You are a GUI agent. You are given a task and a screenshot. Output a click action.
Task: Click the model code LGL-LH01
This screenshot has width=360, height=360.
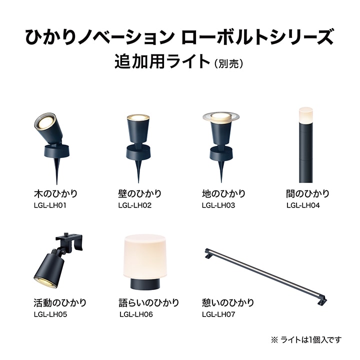(50, 205)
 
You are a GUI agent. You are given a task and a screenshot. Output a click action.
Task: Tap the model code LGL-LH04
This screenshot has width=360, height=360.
(303, 205)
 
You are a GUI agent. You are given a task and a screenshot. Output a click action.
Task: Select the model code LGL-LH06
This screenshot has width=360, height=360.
(136, 314)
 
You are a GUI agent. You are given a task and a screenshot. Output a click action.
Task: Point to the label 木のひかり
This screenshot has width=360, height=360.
(56, 193)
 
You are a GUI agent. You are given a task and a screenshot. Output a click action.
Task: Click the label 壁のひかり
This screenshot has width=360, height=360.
(140, 193)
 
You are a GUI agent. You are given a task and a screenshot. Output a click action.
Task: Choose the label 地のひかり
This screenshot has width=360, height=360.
(224, 193)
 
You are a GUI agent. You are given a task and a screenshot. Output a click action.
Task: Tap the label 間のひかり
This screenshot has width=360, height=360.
(308, 193)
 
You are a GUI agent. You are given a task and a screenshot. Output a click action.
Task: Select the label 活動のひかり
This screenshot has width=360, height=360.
(60, 302)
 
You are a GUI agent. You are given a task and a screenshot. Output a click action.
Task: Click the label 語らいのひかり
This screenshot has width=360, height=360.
(149, 302)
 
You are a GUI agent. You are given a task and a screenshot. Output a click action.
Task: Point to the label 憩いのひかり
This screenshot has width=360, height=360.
(228, 302)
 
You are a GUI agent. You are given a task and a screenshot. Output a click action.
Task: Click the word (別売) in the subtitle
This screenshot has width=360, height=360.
(228, 63)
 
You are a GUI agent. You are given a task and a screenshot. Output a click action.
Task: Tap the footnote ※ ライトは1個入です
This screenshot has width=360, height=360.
(306, 339)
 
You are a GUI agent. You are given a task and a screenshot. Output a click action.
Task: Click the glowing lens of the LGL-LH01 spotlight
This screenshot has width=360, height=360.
(45, 121)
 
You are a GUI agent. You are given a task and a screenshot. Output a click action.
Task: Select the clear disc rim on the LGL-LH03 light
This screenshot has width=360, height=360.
(221, 116)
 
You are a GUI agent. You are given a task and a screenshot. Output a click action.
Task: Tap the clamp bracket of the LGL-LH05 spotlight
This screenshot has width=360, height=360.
(69, 242)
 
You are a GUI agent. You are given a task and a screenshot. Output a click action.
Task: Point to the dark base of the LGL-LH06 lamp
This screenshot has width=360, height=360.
(145, 284)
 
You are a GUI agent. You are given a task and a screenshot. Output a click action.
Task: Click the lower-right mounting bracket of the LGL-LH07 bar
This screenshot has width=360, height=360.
(322, 300)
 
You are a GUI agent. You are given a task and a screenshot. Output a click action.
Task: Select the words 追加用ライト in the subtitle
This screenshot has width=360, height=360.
(162, 61)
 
